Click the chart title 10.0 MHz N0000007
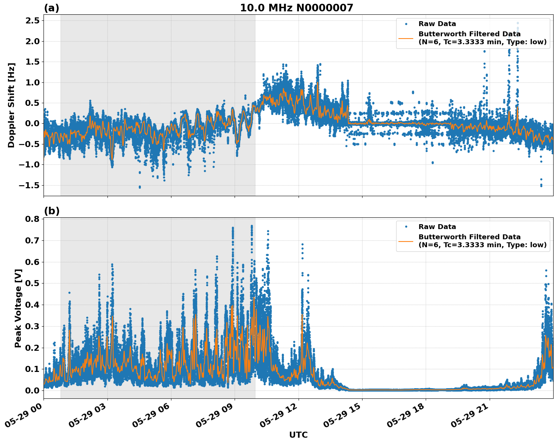coord(296,8)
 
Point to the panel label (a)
coord(51,8)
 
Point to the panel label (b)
coord(51,211)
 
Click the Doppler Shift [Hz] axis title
coord(11,105)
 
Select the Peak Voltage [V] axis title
coord(18,308)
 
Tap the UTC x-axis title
coord(298,435)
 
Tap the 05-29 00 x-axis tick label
coord(23,417)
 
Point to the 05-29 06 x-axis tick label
coord(151,417)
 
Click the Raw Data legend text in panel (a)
coord(437,24)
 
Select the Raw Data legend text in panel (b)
coord(437,227)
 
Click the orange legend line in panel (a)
coord(406,38)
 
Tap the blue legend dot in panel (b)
coord(406,227)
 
